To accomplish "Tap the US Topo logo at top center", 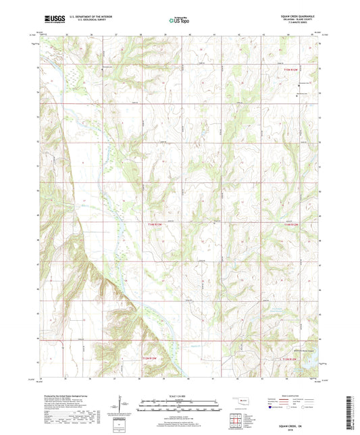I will (179, 21).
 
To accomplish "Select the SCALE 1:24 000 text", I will (179, 395).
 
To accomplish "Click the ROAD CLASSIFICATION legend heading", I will (292, 394).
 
